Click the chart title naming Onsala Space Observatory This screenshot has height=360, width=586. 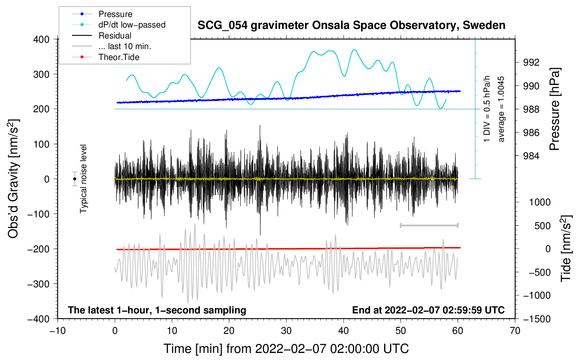coord(351,25)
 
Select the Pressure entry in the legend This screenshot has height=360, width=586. coord(102,14)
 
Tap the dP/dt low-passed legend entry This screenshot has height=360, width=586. coord(119,25)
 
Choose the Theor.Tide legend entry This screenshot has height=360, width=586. coord(106,57)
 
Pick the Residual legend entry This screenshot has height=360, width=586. coord(102,35)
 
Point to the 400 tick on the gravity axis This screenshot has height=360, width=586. coord(41,40)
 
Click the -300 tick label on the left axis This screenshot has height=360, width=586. coord(38,284)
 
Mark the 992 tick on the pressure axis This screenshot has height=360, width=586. coord(531,62)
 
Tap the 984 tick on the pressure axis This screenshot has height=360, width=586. coord(531,156)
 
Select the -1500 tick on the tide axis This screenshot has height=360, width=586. coord(537,319)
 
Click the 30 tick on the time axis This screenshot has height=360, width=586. coord(286,331)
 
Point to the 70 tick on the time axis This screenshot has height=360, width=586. coord(515,331)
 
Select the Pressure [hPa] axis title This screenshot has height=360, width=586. coord(555,109)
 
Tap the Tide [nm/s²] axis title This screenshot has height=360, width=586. coord(566,248)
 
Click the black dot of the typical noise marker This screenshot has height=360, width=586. coord(74,179)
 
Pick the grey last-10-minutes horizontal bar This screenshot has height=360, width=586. coord(429,225)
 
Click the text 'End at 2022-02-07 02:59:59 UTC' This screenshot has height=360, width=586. coord(428,310)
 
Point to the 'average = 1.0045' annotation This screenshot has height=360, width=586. coord(501,109)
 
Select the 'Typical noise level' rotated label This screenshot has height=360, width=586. coord(83,179)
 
